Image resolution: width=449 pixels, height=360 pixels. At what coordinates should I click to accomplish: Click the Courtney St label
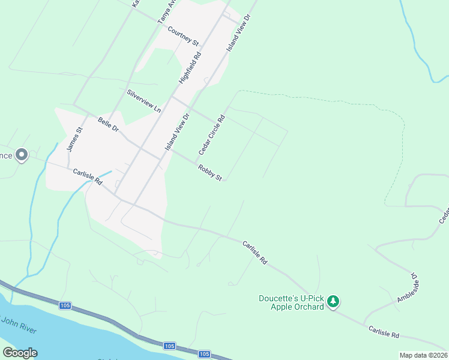(183, 35)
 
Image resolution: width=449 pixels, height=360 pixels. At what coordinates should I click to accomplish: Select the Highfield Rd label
(190, 67)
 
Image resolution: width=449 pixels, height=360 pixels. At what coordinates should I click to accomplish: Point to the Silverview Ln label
(144, 101)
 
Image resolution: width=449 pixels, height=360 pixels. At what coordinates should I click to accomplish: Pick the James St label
(74, 139)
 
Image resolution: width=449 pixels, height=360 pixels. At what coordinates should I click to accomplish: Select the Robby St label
(210, 172)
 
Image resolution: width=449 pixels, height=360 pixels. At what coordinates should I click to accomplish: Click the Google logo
(20, 353)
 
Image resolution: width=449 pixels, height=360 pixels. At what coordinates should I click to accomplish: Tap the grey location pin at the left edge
(22, 155)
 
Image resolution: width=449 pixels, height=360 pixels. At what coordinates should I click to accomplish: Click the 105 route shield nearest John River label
(65, 306)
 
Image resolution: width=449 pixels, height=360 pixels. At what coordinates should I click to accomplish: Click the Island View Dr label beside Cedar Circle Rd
(177, 131)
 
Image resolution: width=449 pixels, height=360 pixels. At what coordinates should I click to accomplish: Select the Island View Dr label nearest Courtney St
(238, 32)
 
